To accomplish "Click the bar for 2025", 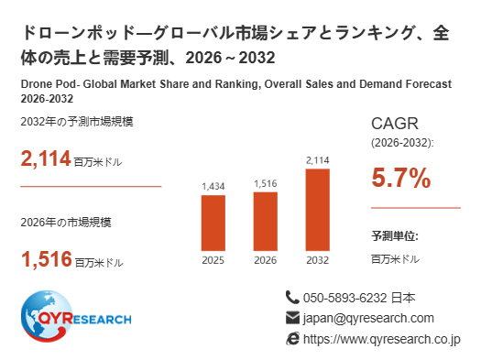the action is tap(213, 223).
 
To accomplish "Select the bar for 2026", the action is tap(266, 222).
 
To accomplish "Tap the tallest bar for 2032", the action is tap(318, 210).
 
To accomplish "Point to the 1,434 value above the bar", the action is tap(213, 186).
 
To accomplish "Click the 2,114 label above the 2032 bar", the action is tap(318, 160).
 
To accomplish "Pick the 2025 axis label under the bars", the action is tap(213, 260).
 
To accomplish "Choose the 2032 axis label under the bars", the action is tap(318, 260).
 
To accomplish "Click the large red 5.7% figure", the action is tap(401, 178).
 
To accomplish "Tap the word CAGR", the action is tap(395, 124).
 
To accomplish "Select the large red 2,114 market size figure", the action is tap(46, 158).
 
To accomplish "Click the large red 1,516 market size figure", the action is tap(47, 259).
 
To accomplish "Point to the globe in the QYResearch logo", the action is tap(47, 316).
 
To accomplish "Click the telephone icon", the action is tap(292, 298).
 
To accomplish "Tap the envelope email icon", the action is tap(292, 318).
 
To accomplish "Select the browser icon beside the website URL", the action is tap(292, 339).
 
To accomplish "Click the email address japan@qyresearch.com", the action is tap(368, 318).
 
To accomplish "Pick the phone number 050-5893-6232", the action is tap(344, 298).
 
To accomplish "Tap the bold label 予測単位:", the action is tap(395, 236).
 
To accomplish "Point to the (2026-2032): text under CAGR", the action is tap(402, 143).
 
